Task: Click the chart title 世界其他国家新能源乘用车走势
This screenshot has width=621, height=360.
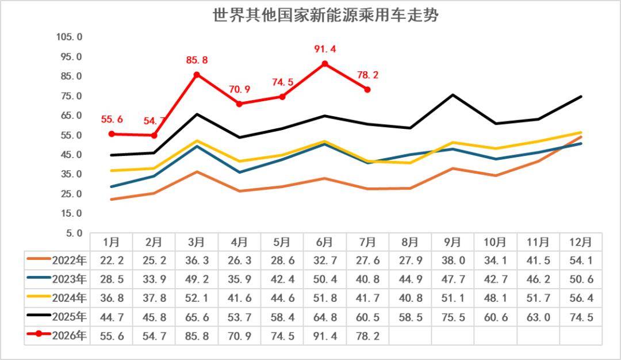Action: tap(325, 15)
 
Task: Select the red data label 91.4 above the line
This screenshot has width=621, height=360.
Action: tap(325, 49)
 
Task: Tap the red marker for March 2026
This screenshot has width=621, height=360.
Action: tap(197, 75)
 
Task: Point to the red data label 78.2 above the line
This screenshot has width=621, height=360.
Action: tap(367, 75)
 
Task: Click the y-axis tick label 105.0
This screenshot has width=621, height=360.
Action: tap(70, 37)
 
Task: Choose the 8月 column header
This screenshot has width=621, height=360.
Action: tap(411, 242)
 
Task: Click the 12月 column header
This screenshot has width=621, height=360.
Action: tap(581, 242)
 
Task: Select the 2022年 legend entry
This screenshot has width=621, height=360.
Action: tap(56, 260)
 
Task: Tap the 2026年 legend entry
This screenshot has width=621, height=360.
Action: tap(56, 335)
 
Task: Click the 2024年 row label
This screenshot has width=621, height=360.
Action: tap(70, 298)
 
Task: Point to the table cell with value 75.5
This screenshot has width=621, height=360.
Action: tap(453, 317)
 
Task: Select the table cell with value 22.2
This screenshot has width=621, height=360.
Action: tap(112, 261)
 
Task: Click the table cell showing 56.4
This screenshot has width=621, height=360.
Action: tap(581, 298)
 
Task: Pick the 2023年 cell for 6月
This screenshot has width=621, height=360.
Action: tap(325, 279)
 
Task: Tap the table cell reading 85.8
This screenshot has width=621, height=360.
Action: tap(197, 336)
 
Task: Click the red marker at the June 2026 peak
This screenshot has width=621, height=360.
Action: tap(325, 64)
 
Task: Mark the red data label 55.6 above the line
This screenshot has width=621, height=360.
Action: tap(112, 119)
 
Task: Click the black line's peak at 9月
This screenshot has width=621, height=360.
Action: tap(453, 95)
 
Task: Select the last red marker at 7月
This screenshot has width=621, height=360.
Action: tap(367, 90)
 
